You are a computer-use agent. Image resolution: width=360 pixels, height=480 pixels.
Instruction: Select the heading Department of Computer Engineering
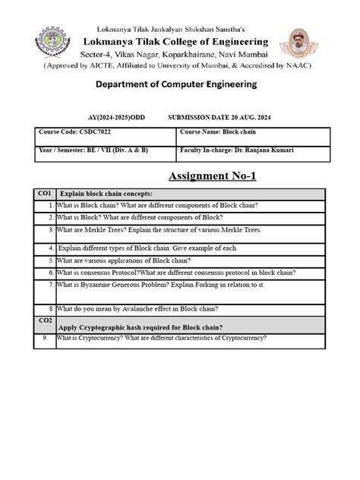coord(179,84)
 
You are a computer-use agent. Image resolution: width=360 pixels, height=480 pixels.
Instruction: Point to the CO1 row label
coord(44,194)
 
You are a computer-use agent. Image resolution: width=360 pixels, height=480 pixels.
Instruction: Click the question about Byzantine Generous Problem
coord(160,285)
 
